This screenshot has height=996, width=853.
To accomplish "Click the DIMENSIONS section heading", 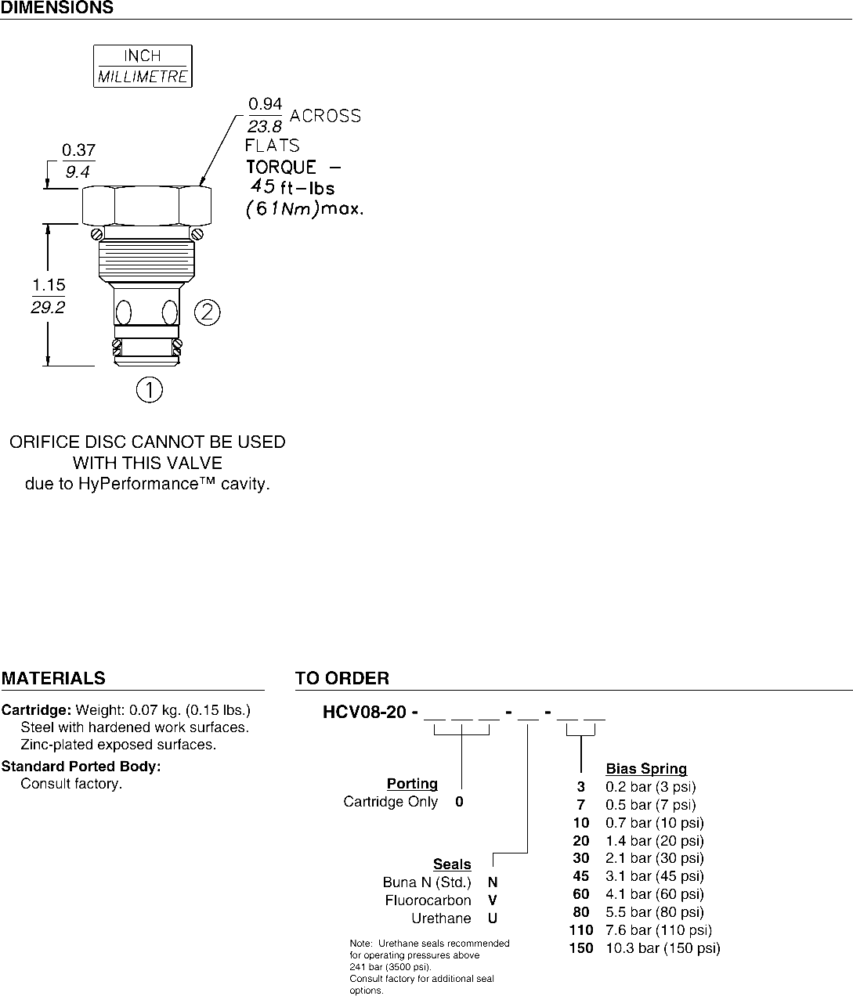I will (x=56, y=8).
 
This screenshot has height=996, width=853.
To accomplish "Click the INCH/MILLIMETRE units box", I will (x=143, y=66).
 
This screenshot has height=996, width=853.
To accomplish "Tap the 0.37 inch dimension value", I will (x=78, y=150).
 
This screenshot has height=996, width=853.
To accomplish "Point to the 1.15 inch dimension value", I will (x=49, y=286).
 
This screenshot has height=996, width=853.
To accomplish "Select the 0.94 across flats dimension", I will (x=265, y=104).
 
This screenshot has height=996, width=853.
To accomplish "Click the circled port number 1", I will (x=149, y=389).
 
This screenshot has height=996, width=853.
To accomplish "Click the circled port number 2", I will (x=207, y=312).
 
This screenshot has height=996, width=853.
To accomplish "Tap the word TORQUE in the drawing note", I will (x=281, y=167).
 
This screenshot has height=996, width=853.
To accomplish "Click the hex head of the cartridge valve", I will (x=146, y=204).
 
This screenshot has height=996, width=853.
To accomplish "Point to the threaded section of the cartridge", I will (x=146, y=259).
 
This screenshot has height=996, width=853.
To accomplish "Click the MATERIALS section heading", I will (x=53, y=678).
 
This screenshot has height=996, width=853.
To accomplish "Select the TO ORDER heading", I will (x=342, y=678).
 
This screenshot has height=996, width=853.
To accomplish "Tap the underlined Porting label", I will (x=412, y=784).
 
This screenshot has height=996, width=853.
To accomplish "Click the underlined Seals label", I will (x=452, y=864).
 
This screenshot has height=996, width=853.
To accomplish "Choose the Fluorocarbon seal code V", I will (x=493, y=900).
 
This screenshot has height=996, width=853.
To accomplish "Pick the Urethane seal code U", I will (x=493, y=918).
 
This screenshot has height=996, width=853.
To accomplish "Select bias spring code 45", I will (x=580, y=876).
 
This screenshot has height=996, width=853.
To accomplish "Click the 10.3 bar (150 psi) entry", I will (x=663, y=948).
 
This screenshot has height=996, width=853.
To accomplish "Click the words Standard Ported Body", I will (x=81, y=767).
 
